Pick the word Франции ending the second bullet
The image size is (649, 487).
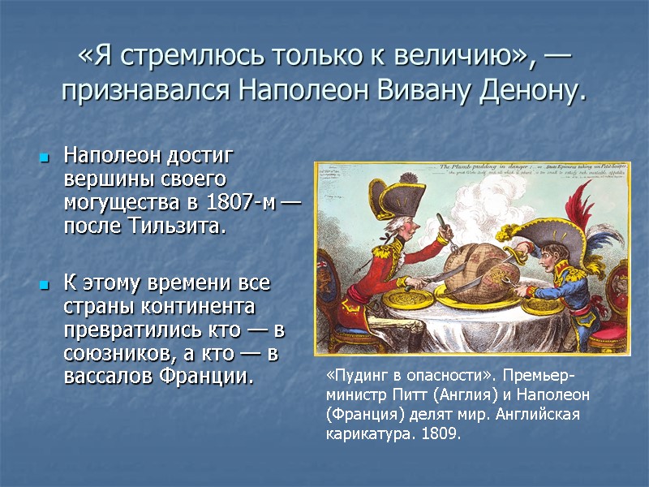point(213,377)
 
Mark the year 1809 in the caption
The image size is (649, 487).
point(444,434)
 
